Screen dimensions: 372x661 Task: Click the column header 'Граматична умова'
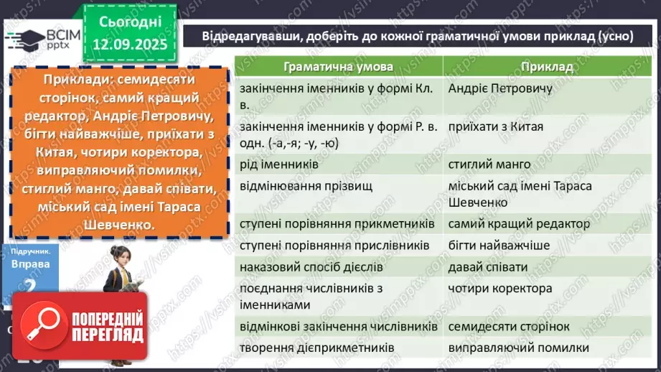tap(338, 67)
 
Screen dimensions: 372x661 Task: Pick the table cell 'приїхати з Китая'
tap(495, 126)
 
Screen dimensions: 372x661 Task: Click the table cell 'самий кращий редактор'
tap(519, 224)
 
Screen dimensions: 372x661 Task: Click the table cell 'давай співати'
tap(487, 267)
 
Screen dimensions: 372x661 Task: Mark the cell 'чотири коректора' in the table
tap(500, 289)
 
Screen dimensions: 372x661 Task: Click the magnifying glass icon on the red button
tap(42, 327)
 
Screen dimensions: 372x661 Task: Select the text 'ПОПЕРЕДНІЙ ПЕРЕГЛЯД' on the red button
tap(106, 327)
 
